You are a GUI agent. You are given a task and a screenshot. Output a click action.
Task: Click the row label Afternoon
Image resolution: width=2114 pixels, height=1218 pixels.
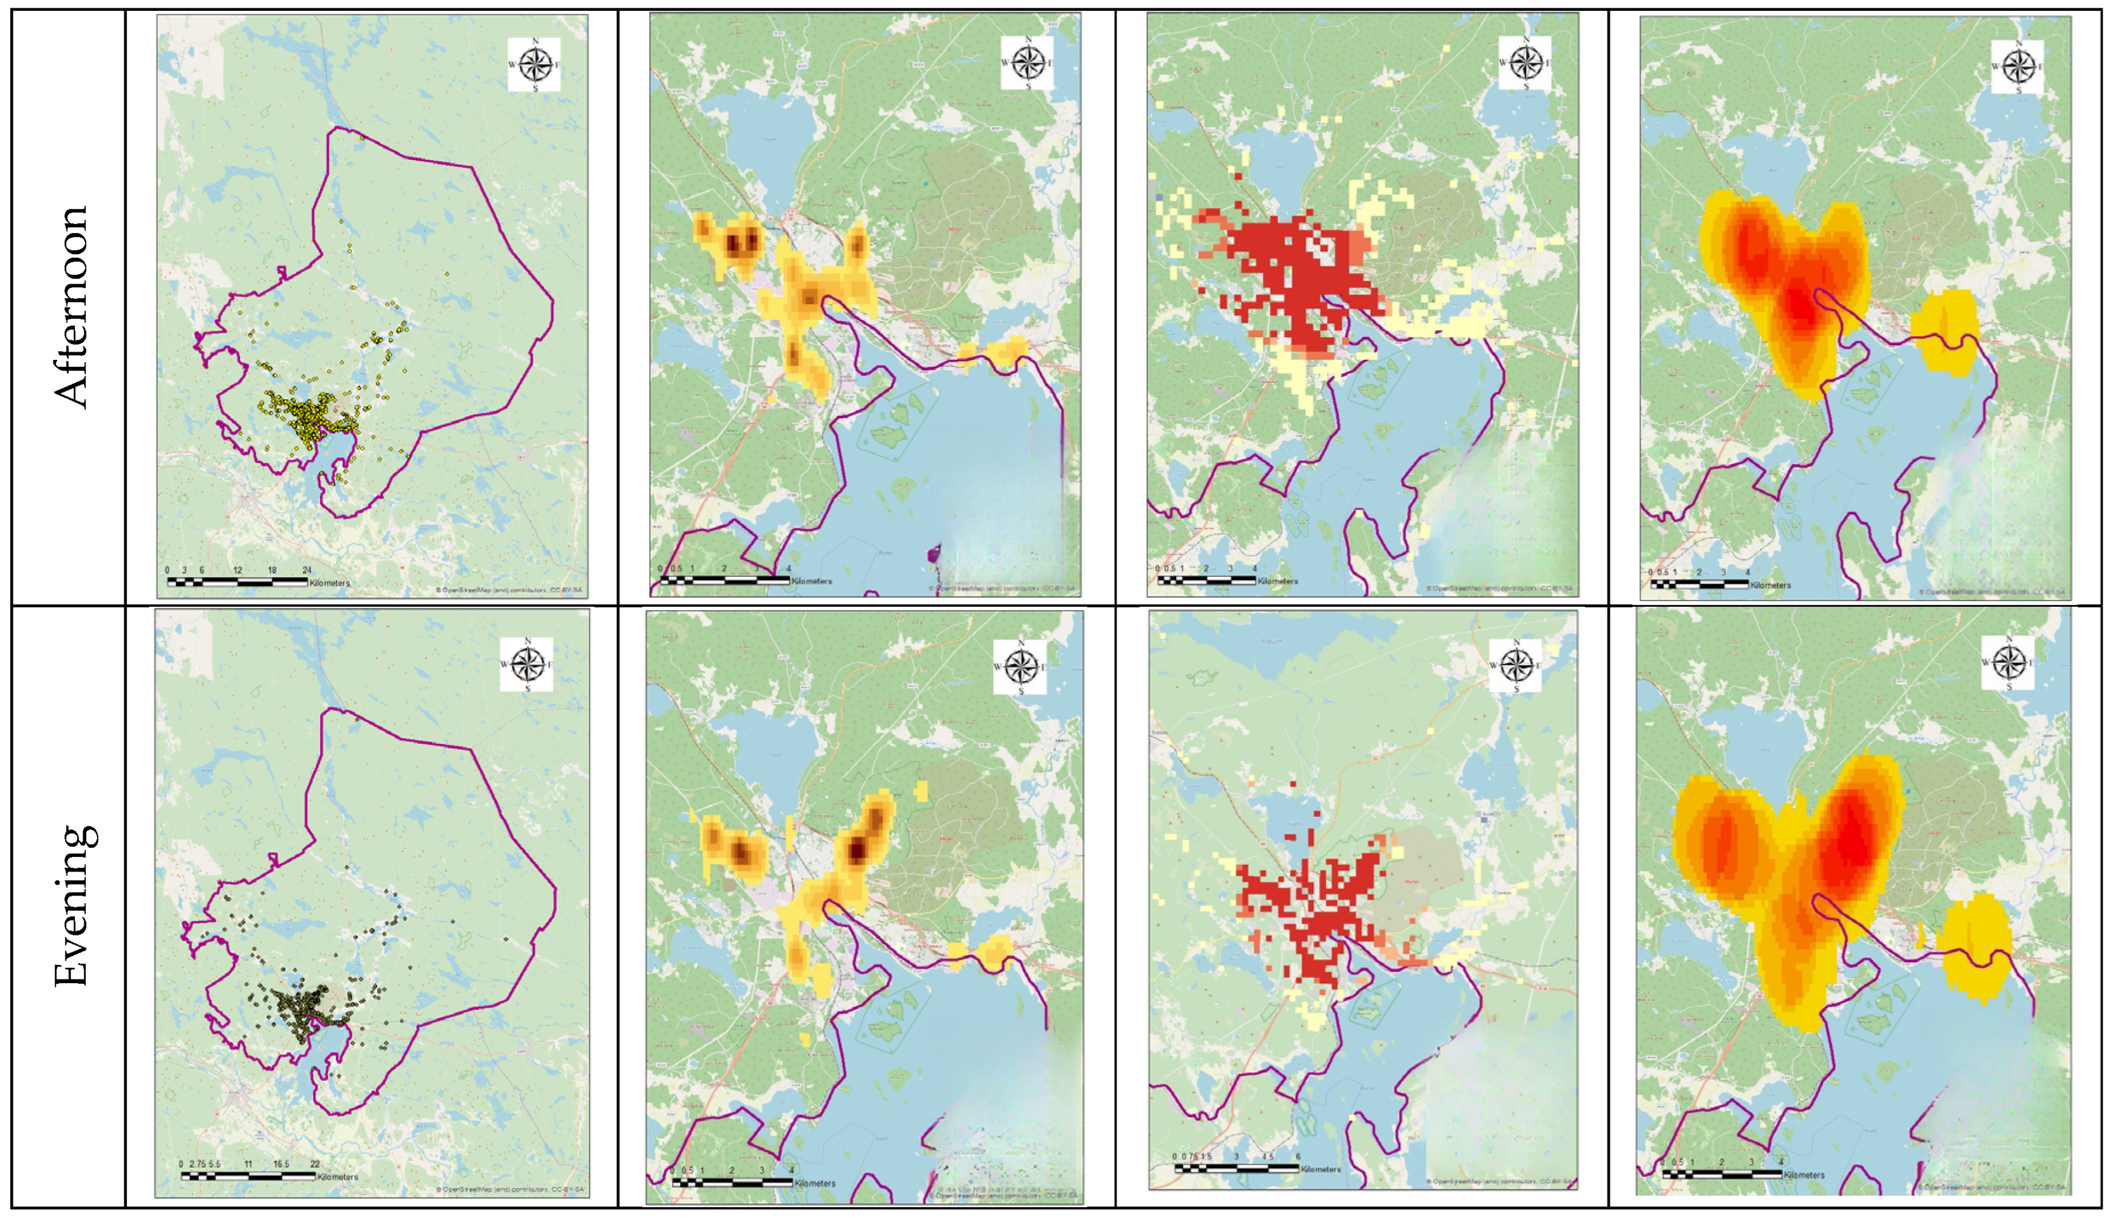(72, 307)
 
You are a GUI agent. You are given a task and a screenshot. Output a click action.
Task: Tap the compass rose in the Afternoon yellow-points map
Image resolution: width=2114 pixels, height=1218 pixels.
(534, 64)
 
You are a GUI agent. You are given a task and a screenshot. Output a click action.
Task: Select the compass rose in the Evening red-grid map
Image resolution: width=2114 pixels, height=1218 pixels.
(1516, 665)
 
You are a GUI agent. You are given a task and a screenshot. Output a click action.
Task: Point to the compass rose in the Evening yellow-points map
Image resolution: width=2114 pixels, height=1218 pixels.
(526, 664)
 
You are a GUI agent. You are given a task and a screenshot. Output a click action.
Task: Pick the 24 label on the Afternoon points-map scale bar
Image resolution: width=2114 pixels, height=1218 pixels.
(306, 571)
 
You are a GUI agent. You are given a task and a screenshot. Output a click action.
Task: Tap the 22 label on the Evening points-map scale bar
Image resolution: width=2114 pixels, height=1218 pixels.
(315, 1163)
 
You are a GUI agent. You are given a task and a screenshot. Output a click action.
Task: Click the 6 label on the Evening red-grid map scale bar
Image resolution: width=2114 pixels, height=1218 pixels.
(1297, 1157)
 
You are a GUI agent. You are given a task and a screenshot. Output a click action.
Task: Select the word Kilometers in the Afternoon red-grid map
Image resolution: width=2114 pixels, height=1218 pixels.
(1278, 581)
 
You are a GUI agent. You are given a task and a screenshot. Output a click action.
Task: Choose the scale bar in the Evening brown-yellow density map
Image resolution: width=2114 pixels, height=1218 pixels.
(732, 1182)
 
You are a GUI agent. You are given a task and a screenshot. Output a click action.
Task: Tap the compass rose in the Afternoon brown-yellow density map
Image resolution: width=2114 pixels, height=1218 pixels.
(1027, 63)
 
